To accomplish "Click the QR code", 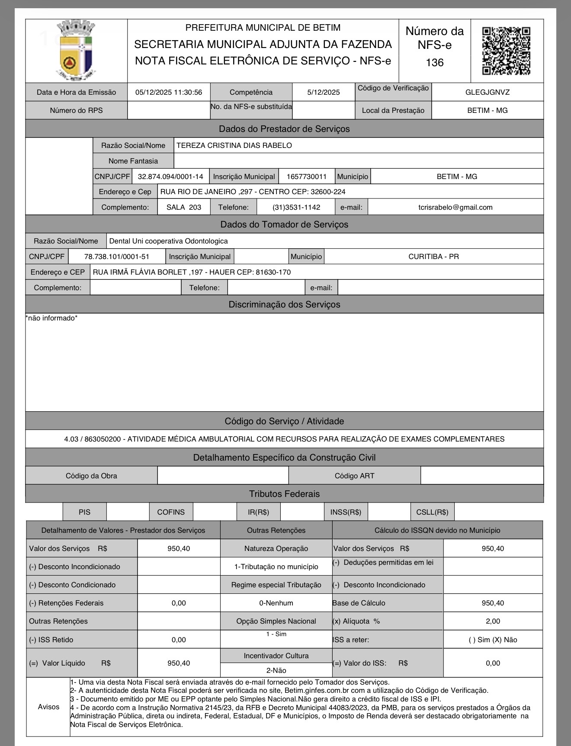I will (506, 51).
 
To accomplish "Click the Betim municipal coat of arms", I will (76, 50).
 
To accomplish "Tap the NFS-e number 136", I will (434, 63).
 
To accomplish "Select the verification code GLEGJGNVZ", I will (488, 92).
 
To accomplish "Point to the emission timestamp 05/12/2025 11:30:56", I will (169, 92).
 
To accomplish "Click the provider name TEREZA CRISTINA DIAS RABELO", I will (234, 145).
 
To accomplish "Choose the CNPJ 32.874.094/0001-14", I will (170, 176).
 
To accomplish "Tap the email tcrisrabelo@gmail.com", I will (455, 207).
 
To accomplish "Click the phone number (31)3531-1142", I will (296, 207).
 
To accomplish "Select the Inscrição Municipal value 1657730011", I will (306, 176).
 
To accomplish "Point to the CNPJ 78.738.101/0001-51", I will (117, 256).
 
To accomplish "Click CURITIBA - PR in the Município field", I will (433, 256).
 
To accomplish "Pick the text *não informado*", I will (51, 318).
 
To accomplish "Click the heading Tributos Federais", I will (284, 494).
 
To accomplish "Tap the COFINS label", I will (171, 512).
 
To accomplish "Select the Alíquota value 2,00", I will (493, 621).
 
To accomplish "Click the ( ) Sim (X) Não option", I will (493, 640).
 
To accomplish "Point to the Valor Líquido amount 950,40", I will (179, 663).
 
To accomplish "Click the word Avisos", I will (48, 707).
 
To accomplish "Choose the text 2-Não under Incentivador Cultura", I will (276, 670).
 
